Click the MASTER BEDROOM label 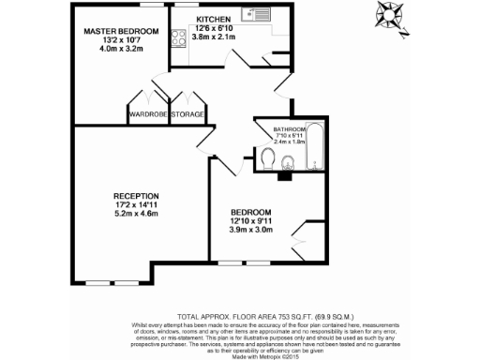121,31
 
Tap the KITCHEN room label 216,19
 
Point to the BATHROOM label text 290,128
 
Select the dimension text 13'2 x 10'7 121,40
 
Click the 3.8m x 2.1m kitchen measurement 216,37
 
